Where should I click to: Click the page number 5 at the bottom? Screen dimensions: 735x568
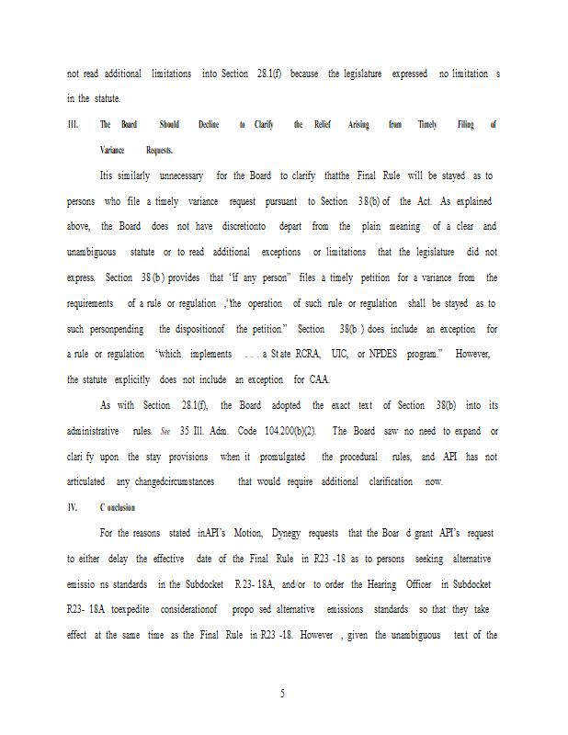284,694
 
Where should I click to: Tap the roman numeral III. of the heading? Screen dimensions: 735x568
74,125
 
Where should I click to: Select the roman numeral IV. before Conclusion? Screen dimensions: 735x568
73,508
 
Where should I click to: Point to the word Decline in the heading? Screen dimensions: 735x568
209,125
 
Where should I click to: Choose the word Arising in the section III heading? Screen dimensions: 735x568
359,125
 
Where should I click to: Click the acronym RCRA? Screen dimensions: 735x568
319,355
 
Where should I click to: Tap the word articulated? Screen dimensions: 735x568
90,482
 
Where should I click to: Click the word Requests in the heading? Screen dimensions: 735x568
160,150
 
